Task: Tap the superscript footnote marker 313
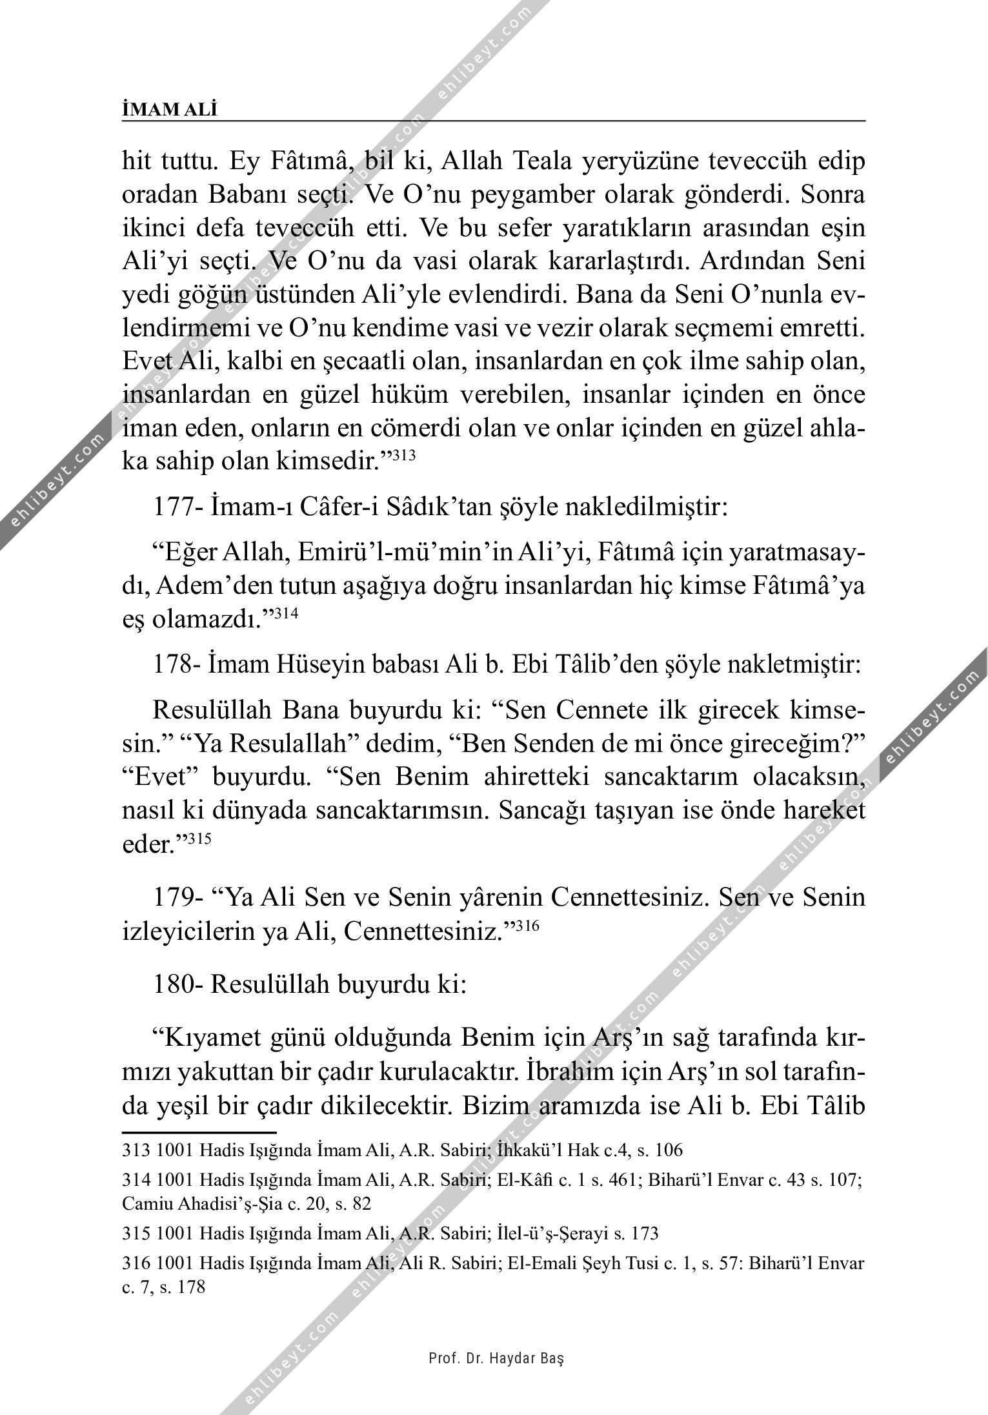click(x=403, y=456)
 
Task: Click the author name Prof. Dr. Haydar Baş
click(x=496, y=1358)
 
